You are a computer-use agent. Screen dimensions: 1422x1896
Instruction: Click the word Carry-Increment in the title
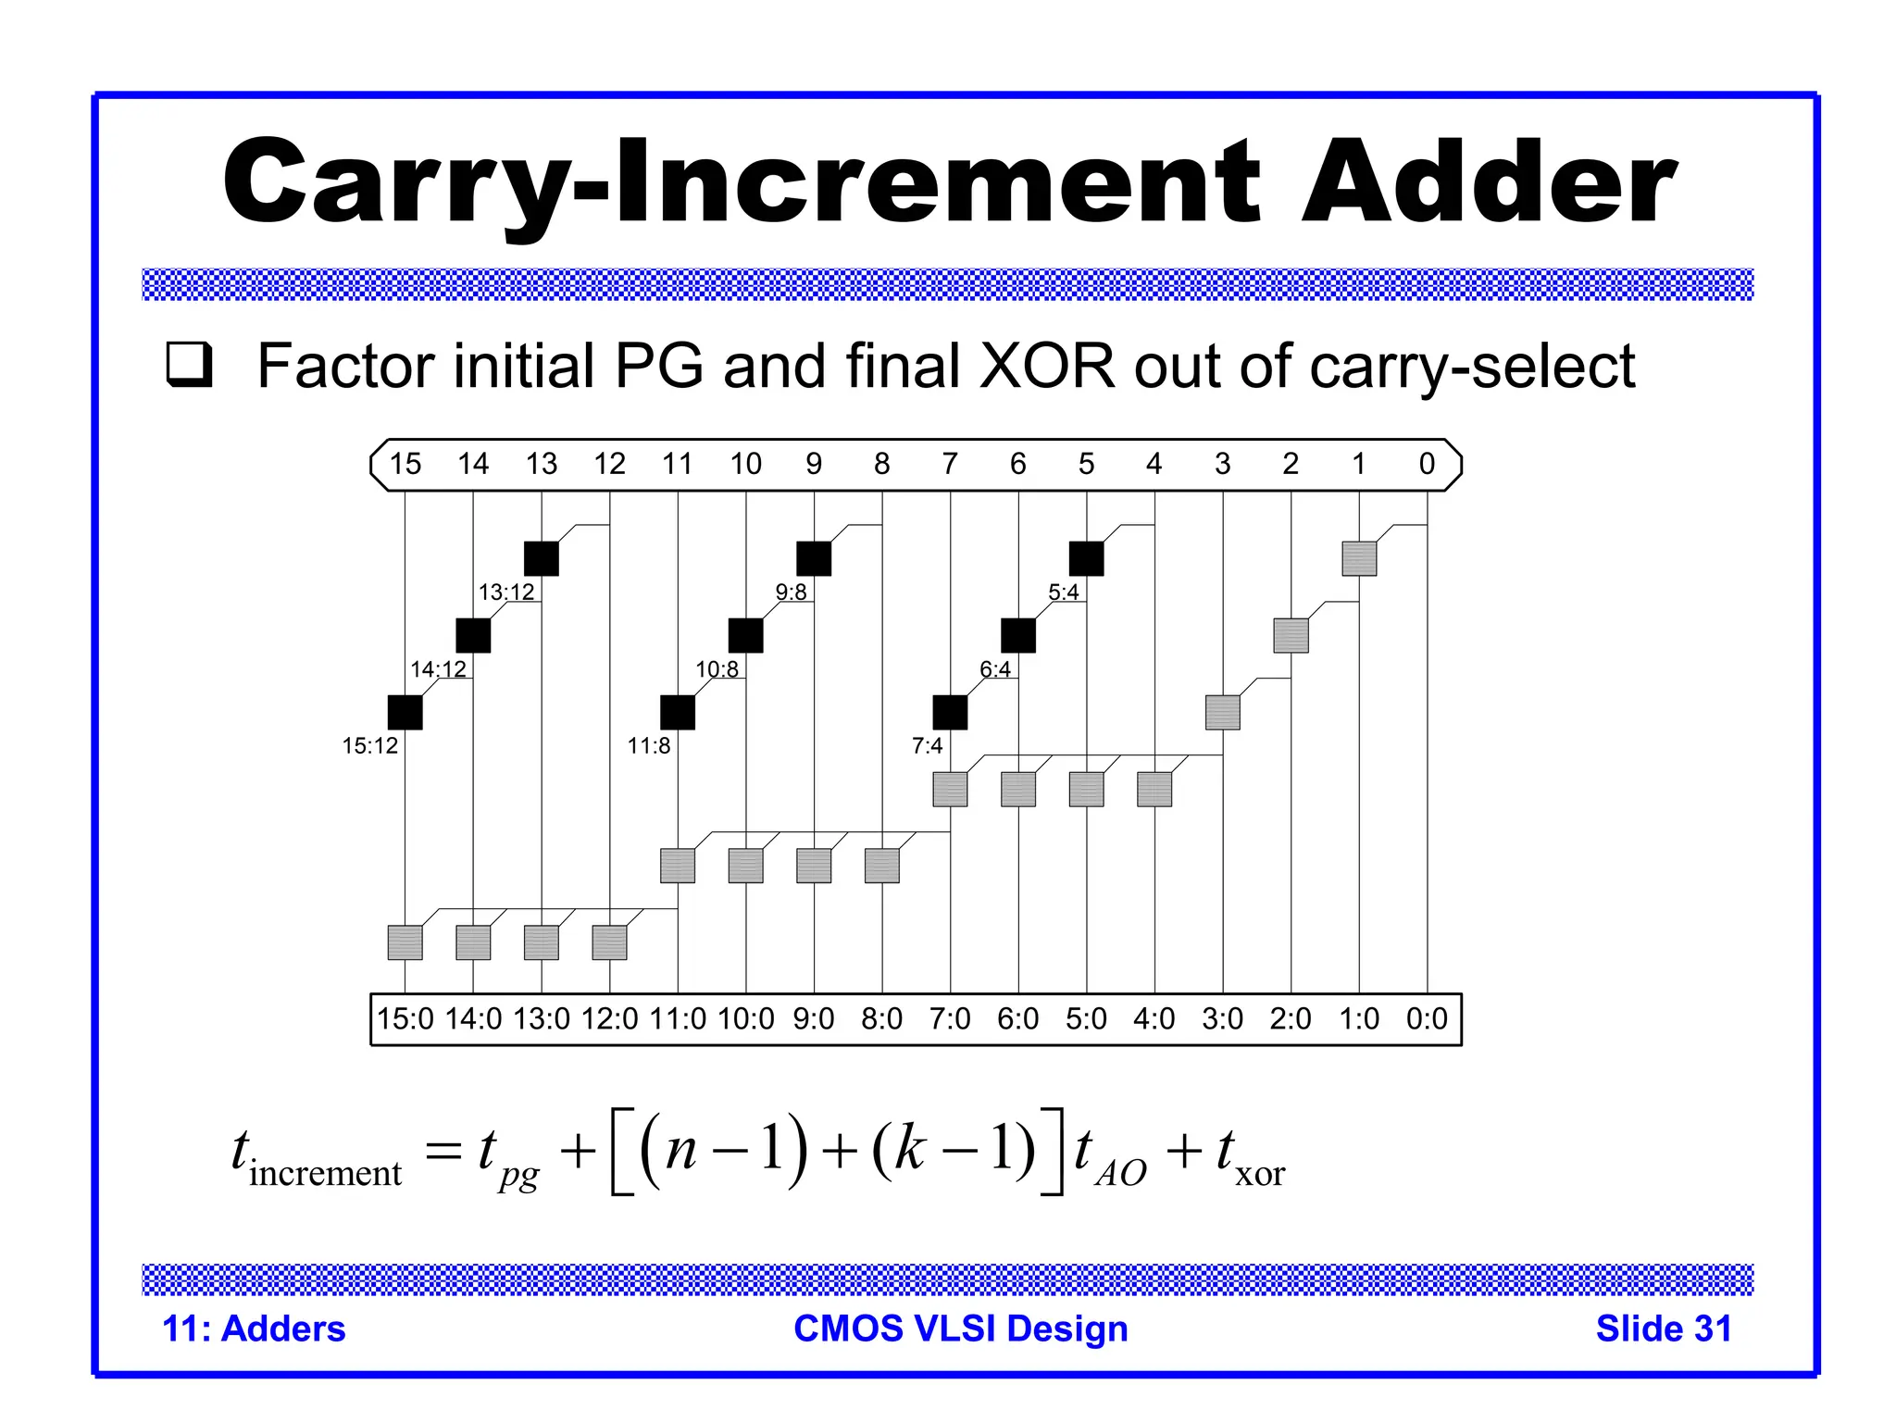(741, 182)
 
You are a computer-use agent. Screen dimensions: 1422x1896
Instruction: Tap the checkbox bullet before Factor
(189, 365)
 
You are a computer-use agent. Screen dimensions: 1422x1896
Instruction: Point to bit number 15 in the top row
(405, 464)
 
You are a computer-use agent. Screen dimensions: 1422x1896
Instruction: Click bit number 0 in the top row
(1427, 464)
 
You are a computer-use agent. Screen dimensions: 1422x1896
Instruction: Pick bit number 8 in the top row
(881, 464)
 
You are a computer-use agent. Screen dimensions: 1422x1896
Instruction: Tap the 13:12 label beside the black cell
(506, 592)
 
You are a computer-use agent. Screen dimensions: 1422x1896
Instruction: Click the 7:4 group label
(927, 746)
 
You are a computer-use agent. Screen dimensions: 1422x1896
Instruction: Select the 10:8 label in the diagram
(717, 669)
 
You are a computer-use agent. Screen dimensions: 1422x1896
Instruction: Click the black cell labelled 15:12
(405, 712)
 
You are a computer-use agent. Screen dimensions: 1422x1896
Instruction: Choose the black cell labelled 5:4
(1086, 558)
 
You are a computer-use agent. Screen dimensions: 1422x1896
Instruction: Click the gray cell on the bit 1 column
(1359, 558)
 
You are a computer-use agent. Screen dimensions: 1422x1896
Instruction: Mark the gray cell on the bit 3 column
(1222, 712)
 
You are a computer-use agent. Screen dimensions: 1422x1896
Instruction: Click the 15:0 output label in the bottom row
(405, 1019)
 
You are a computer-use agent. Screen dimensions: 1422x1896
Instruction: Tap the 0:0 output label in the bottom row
(1427, 1019)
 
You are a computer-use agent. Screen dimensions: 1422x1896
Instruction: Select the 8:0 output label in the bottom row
(881, 1019)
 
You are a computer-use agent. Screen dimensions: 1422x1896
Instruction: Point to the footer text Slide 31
(1663, 1329)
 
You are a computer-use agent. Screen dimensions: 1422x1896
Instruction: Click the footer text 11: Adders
(254, 1329)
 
